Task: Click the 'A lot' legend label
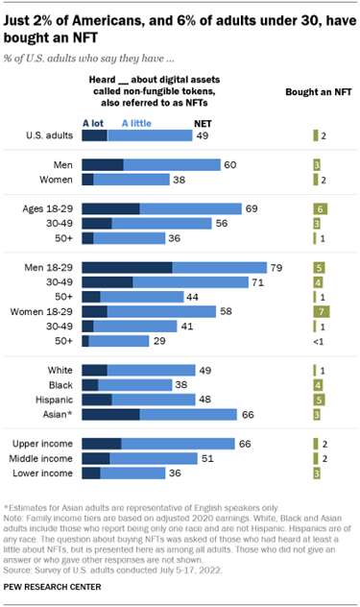(x=92, y=124)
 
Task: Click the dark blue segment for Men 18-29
(x=127, y=268)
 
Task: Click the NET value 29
(x=159, y=341)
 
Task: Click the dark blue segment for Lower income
(x=91, y=473)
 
